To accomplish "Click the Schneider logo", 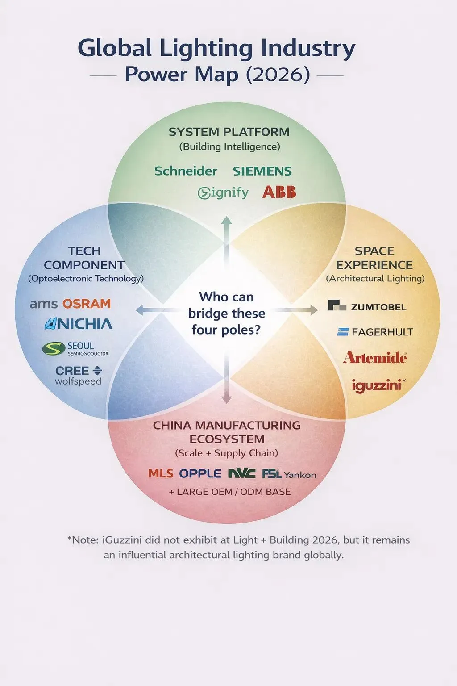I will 186,171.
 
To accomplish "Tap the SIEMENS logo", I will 262,171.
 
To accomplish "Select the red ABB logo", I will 279,192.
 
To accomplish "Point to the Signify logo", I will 223,192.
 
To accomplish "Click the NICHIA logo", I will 79,324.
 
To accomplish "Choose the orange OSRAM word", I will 87,304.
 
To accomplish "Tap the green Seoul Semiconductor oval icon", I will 54,349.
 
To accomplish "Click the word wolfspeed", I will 78,381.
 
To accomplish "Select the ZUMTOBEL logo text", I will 378,307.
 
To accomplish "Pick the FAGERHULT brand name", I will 382,332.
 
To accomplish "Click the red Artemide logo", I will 374,358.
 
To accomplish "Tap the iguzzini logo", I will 377,385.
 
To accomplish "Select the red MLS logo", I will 161,473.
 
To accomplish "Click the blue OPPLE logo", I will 200,473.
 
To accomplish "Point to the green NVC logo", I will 241,473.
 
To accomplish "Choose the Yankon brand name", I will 300,475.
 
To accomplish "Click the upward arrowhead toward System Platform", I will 227,220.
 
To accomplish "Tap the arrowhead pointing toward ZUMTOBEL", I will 314,310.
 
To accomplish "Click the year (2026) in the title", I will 278,74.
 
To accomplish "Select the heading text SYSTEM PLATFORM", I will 229,132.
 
